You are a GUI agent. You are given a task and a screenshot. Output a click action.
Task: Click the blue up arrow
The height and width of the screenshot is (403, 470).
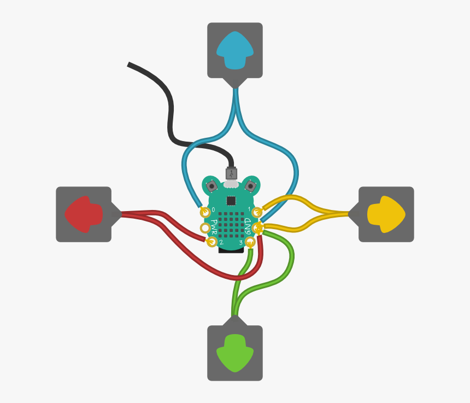(235, 50)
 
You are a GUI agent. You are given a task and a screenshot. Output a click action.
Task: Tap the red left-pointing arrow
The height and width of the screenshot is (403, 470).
(84, 214)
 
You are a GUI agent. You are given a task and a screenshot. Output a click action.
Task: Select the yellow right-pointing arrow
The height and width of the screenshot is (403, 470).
(386, 214)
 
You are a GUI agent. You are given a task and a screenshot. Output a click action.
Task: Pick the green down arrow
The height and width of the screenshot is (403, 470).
(235, 353)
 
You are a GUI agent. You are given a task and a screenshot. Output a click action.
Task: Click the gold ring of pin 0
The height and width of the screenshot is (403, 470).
(205, 212)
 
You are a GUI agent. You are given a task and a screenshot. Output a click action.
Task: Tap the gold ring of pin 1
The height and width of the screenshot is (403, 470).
(257, 212)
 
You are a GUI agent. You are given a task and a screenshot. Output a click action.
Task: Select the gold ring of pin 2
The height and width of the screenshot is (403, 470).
(212, 242)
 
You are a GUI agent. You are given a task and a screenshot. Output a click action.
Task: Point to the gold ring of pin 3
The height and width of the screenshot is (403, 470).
(250, 242)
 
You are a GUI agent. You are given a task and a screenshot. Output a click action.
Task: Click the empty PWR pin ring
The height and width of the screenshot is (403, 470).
(205, 228)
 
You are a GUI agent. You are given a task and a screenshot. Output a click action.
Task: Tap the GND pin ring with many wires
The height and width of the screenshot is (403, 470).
(257, 228)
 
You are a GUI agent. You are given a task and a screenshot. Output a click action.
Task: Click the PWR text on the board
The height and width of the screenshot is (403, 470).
(214, 227)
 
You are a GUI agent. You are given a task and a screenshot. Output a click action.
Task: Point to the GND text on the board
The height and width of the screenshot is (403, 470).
(248, 226)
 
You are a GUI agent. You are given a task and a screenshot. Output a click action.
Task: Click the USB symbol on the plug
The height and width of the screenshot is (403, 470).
(231, 174)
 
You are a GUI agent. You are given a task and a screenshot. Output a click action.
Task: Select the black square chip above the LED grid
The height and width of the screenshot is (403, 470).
(231, 201)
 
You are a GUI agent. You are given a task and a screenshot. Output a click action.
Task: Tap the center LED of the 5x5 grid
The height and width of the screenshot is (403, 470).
(231, 225)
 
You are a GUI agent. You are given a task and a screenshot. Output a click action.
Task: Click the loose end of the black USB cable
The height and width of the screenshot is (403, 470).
(128, 65)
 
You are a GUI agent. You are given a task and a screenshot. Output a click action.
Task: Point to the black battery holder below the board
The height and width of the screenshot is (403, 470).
(231, 250)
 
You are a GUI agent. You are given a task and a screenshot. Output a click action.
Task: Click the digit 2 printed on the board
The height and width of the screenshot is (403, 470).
(221, 242)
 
